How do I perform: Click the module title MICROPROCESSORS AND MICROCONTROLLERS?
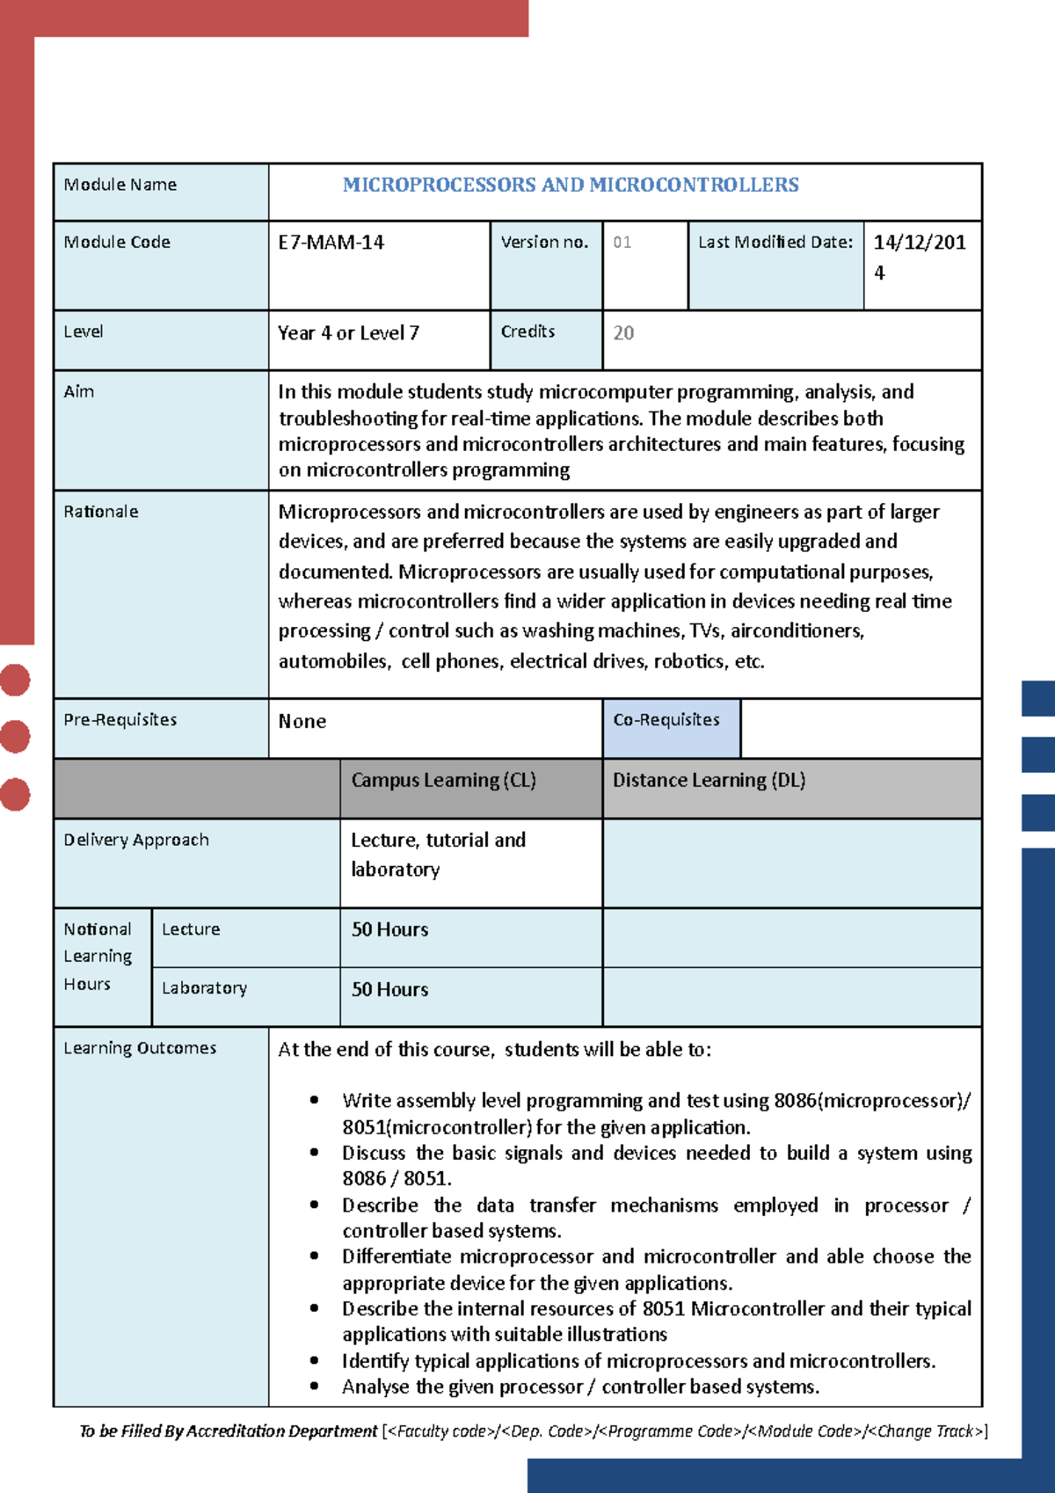click(571, 186)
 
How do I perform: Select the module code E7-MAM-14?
click(331, 243)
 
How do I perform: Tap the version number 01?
click(622, 243)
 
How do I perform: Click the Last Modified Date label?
click(775, 242)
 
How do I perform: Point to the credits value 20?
click(623, 333)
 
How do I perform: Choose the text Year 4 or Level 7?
click(348, 333)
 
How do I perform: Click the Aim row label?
click(79, 392)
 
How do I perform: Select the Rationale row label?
click(101, 512)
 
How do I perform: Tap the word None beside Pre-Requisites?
click(302, 722)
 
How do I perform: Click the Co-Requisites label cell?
click(666, 720)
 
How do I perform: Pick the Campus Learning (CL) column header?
click(443, 781)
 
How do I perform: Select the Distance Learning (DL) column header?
click(709, 781)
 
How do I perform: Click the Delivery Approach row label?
click(136, 841)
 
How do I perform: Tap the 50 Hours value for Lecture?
click(389, 930)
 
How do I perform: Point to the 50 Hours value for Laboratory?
click(389, 990)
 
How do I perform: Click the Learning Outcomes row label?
click(140, 1049)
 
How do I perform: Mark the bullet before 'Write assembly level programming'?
click(314, 1101)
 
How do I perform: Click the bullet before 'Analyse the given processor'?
click(314, 1387)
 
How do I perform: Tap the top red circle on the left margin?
click(15, 680)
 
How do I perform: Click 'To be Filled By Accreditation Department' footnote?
click(229, 1431)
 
